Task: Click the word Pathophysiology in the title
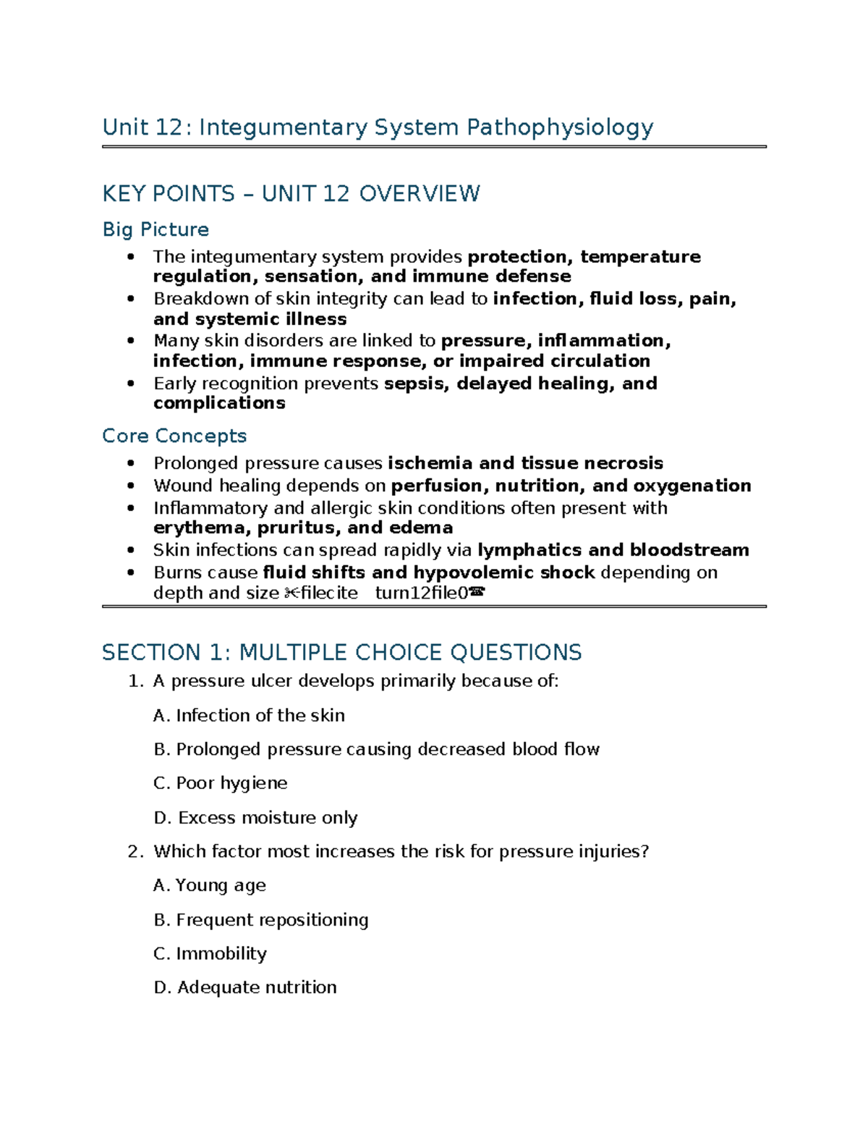(559, 127)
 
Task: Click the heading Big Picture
(156, 229)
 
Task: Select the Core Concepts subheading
(174, 436)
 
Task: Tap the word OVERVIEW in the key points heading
(420, 194)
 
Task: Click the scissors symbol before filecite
(291, 593)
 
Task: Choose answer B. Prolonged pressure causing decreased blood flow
(376, 749)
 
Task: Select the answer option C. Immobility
(210, 954)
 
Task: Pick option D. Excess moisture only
(255, 818)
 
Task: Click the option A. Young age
(210, 886)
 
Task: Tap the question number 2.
(135, 852)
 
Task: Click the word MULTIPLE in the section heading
(303, 653)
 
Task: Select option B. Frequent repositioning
(260, 920)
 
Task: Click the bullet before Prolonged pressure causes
(130, 463)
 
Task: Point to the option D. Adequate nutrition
(244, 988)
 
